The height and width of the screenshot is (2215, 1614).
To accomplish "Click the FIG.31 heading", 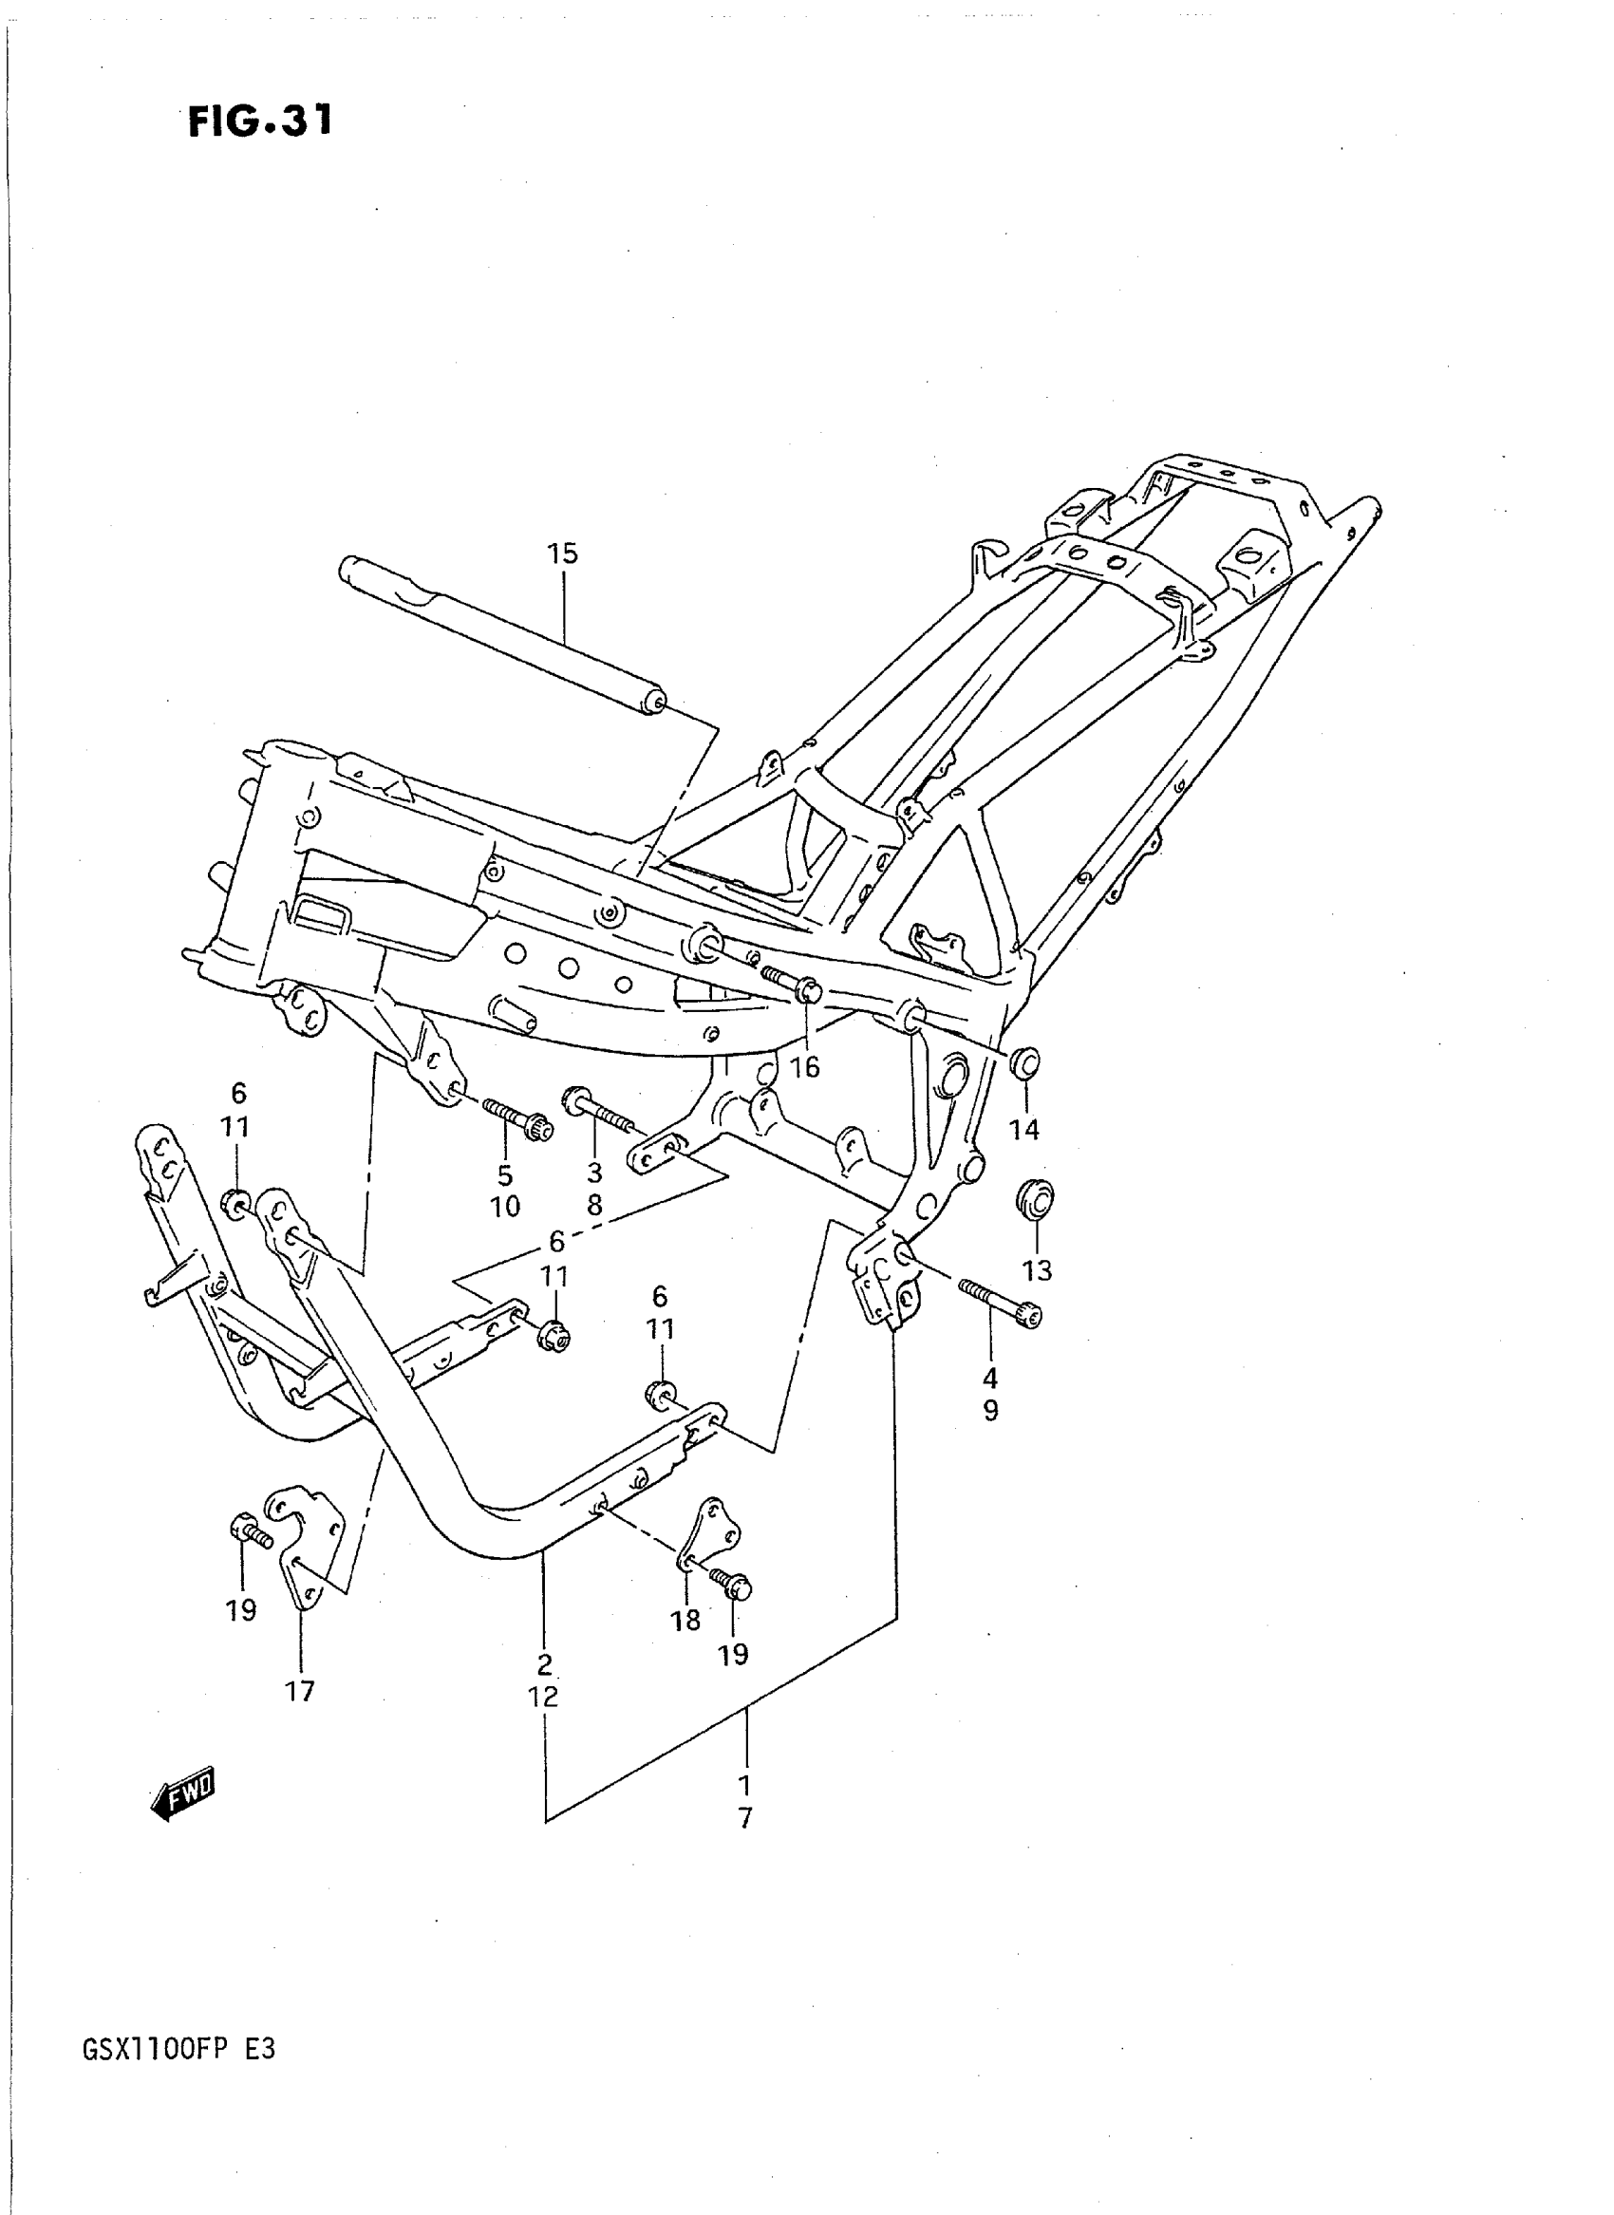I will (x=260, y=122).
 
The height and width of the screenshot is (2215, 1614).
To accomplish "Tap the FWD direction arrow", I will (x=183, y=1793).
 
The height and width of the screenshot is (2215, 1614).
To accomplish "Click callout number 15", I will (x=563, y=554).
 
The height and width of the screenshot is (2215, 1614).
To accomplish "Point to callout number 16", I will (x=805, y=1068).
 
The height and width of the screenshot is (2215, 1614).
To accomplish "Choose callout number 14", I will (x=1023, y=1130).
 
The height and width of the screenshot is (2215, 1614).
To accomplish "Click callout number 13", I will (x=1037, y=1270).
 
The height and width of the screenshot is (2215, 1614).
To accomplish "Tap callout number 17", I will (x=300, y=1690).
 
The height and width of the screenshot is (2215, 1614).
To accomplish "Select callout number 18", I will (x=685, y=1621).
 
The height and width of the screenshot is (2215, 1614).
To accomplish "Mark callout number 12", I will (x=543, y=1698).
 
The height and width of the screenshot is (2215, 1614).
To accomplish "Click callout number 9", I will (x=990, y=1411).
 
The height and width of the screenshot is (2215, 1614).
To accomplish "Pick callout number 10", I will (x=505, y=1207).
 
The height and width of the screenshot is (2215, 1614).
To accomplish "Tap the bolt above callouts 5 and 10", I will (x=517, y=1117).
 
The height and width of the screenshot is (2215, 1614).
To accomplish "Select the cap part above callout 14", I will (x=1023, y=1062).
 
